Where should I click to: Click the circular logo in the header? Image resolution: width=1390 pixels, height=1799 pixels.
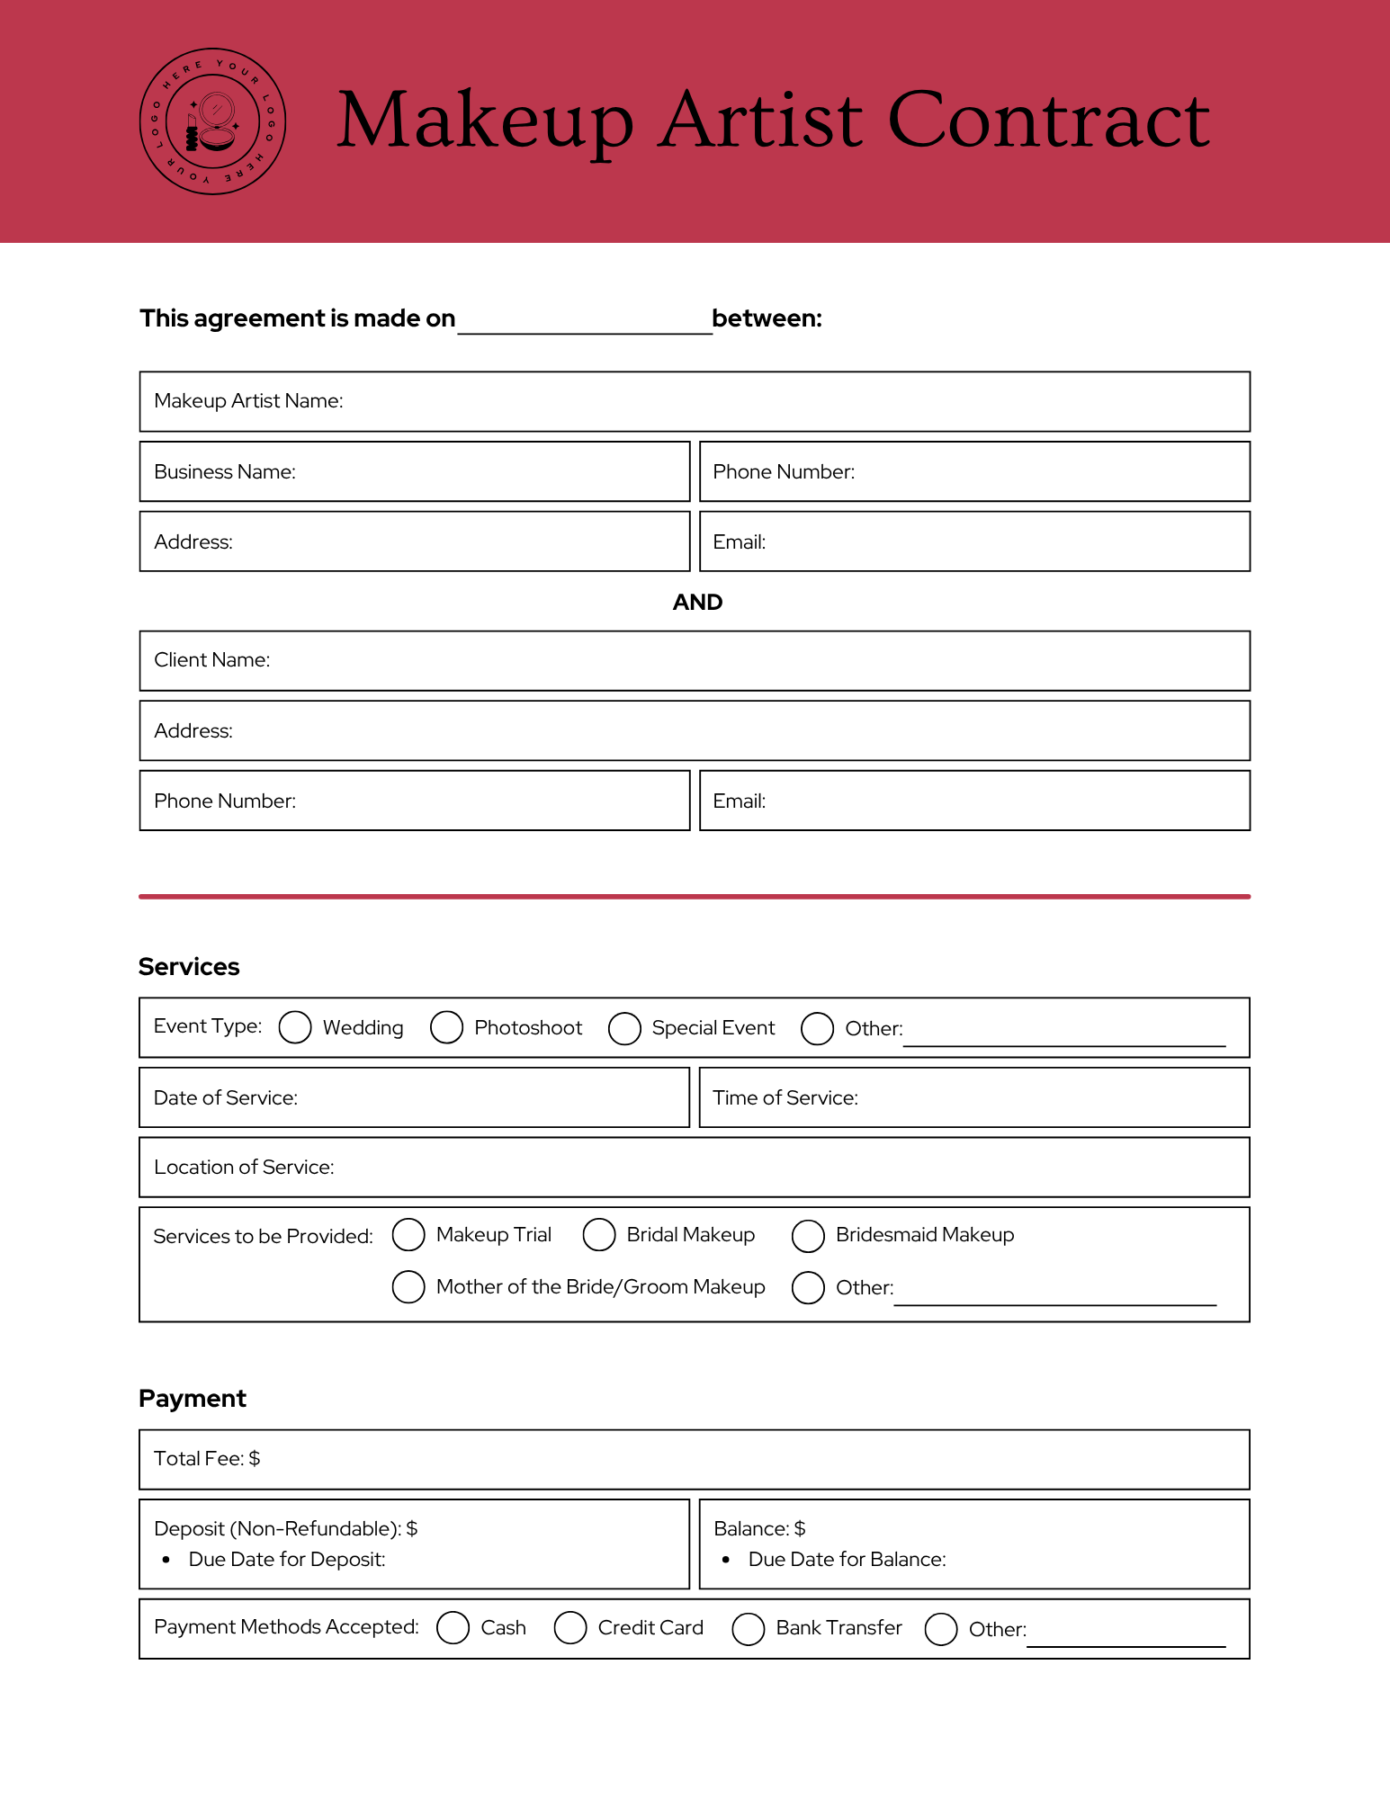213,121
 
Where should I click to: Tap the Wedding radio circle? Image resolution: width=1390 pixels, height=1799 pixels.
295,1027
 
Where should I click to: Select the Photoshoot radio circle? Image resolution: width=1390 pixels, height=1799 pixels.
446,1027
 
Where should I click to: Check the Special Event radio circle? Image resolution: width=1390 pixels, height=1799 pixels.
624,1028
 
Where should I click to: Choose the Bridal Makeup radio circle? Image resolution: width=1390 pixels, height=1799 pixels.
599,1235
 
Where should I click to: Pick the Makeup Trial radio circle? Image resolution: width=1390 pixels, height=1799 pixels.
408,1235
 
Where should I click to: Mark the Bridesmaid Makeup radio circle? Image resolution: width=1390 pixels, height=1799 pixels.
808,1236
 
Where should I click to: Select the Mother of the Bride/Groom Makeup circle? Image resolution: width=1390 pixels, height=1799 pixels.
408,1287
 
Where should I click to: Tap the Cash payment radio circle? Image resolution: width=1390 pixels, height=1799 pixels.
453,1627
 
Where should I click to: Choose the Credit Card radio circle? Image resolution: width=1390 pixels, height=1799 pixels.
570,1627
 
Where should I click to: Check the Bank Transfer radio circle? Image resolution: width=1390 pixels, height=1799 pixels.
749,1628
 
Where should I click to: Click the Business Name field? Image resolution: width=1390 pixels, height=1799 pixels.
486,472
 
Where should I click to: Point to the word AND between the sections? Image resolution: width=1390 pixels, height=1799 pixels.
697,602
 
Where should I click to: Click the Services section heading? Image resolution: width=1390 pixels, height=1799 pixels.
189,967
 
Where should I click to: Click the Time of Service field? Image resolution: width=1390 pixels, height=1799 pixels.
1044,1097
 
